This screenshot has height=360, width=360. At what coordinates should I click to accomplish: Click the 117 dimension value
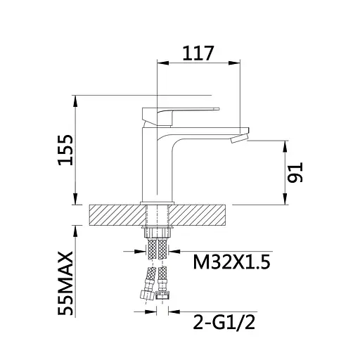coord(198,53)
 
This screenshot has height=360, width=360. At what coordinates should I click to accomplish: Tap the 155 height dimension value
coord(66,150)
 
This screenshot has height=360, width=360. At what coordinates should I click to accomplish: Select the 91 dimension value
coord(295,172)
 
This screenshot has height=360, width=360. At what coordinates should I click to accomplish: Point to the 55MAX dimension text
coord(66,283)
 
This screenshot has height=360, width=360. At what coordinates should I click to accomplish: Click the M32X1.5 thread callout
coord(231,262)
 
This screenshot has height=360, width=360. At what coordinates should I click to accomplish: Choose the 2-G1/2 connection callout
coord(224,323)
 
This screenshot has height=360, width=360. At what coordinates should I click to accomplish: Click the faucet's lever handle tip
coord(217,109)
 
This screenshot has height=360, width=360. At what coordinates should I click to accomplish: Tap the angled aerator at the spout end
coord(240,139)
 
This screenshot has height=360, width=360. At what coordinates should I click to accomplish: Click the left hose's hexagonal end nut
coord(146,295)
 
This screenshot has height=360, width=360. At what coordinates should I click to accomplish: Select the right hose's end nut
coord(162,295)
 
